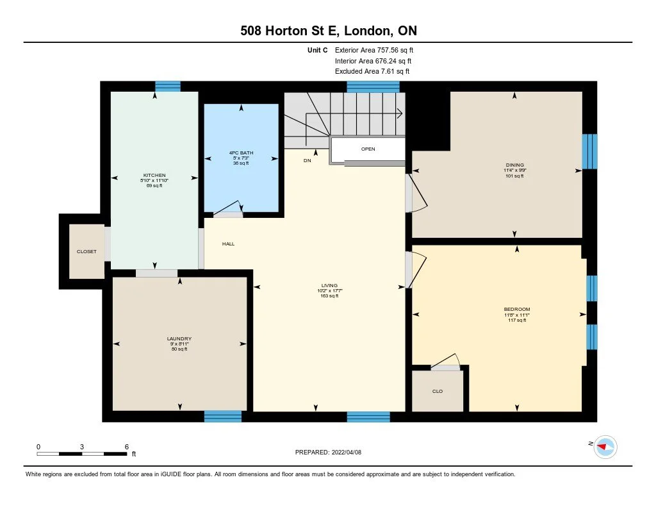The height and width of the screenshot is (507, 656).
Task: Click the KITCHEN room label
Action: click(154, 175)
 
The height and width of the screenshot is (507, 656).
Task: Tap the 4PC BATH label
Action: click(241, 153)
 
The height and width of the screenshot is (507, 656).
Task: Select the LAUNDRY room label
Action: click(179, 339)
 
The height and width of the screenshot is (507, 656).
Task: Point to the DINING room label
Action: click(514, 165)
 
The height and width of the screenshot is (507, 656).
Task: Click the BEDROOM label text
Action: click(516, 310)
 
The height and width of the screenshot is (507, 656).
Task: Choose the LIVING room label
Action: click(329, 286)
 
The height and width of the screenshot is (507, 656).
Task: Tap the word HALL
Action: click(229, 244)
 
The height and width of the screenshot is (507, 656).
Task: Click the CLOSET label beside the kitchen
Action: click(86, 252)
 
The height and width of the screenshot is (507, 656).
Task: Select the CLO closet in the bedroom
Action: click(438, 391)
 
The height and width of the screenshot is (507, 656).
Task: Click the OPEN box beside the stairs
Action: click(368, 149)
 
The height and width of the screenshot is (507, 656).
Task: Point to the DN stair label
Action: click(307, 161)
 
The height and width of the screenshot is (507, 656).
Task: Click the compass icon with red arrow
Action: click(605, 446)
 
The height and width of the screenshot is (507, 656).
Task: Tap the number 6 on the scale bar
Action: click(127, 446)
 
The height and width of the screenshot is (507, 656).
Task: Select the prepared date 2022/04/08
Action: click(332, 452)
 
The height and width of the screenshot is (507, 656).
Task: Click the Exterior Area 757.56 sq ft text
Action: click(379, 50)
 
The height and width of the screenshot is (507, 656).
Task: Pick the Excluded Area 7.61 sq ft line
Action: click(372, 72)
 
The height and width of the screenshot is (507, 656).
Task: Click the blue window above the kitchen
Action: click(168, 87)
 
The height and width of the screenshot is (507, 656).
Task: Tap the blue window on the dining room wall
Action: click(589, 151)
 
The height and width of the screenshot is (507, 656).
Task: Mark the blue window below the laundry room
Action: click(223, 417)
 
